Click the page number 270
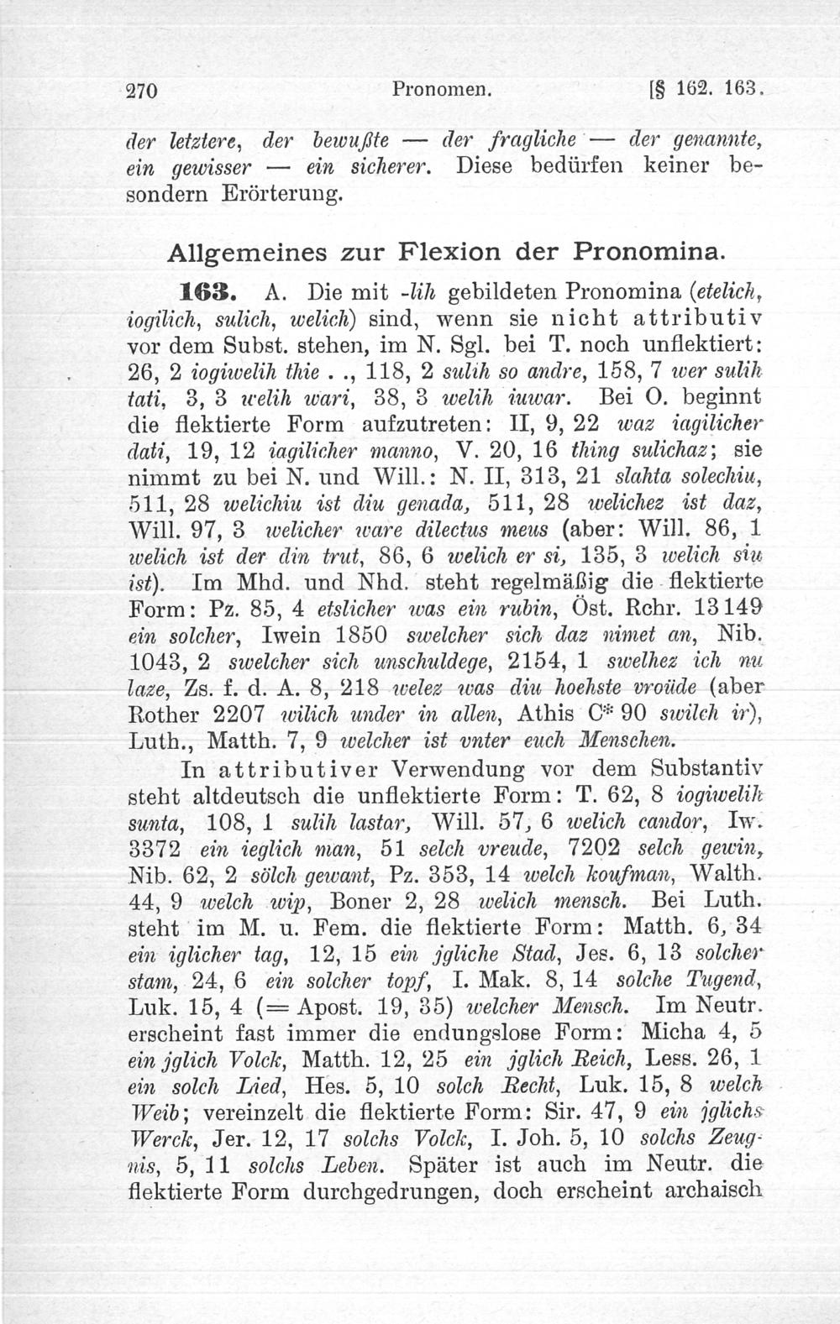click(143, 91)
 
